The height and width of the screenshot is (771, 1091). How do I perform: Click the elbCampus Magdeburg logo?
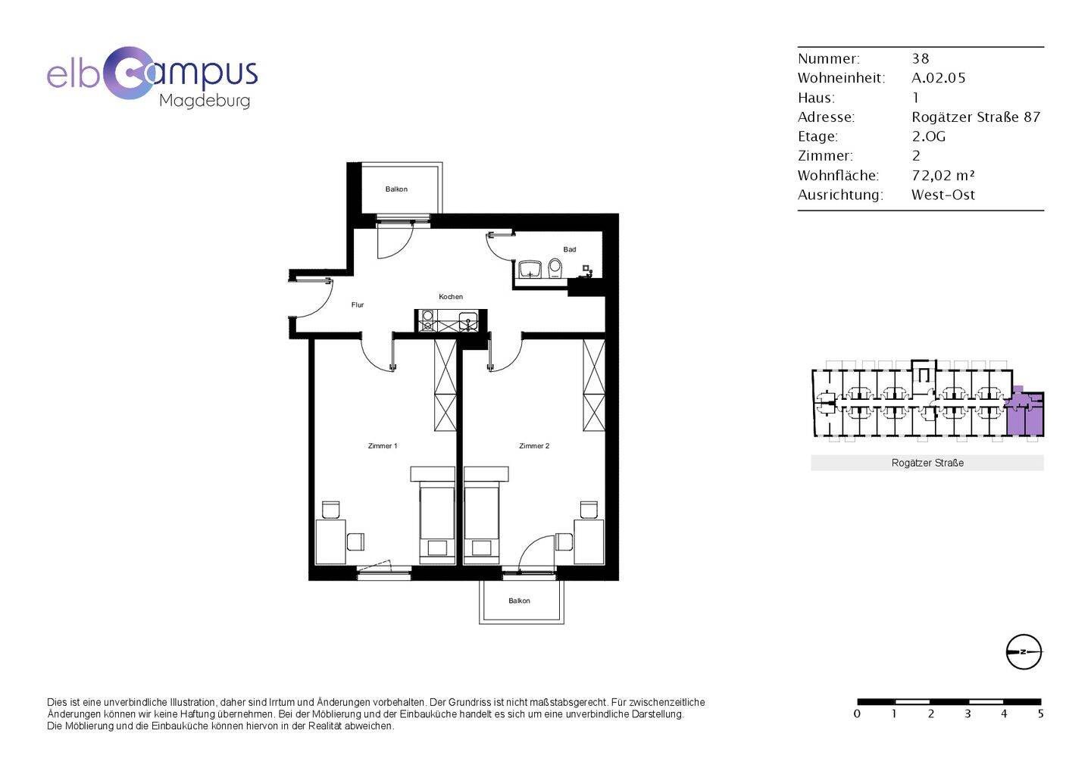(152, 78)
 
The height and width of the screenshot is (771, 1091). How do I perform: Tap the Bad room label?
(570, 250)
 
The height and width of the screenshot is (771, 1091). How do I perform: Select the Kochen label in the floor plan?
(451, 296)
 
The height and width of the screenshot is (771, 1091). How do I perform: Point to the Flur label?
(358, 304)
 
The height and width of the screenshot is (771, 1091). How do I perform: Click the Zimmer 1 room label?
(383, 446)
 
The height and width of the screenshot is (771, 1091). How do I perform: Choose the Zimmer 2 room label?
(534, 446)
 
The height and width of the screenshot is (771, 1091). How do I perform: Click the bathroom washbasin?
(530, 270)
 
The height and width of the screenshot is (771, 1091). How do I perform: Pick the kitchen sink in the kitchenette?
(467, 322)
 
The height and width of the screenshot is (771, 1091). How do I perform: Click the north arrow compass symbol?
(1024, 652)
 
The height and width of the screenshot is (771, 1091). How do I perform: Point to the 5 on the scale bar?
(1040, 714)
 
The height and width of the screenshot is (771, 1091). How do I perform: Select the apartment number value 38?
(921, 59)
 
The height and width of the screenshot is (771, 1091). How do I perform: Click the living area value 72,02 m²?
(943, 175)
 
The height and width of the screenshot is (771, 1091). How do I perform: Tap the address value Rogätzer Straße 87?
(976, 117)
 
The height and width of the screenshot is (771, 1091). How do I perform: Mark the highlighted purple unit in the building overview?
(1025, 412)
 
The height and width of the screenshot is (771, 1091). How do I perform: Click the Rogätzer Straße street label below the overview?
(927, 463)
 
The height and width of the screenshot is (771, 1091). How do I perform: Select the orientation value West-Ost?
(943, 195)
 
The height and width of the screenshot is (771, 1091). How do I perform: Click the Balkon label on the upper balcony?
(396, 189)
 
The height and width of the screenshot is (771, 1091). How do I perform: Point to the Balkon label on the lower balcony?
(519, 601)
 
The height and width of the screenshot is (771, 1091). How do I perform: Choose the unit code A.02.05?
(939, 78)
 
